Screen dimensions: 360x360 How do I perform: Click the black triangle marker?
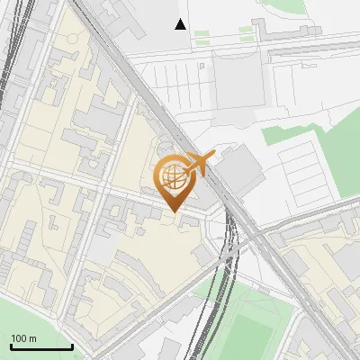coord(181,24)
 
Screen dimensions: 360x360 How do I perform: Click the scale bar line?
coord(41,346)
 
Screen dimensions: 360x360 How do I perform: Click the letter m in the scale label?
coord(32,338)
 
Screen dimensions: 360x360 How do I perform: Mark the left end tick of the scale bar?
coord(11,346)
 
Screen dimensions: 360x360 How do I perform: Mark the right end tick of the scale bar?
coord(72,346)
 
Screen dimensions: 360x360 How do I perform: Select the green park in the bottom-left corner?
coord(27,315)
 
